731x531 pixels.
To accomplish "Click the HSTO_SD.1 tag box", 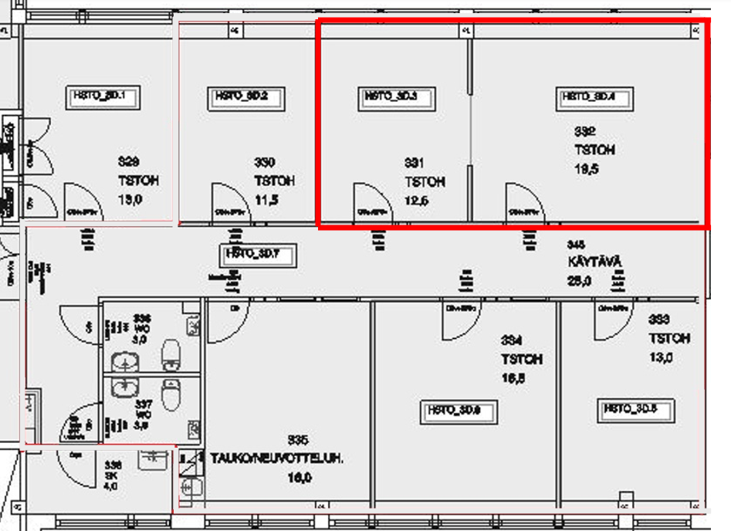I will click(x=105, y=96).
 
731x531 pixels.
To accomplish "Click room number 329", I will click(x=129, y=162).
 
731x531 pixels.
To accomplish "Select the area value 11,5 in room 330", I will click(x=266, y=200).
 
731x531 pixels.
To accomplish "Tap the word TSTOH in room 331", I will click(x=425, y=183).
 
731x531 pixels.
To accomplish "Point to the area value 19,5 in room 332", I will click(x=587, y=169).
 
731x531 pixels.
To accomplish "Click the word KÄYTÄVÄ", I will click(x=594, y=262).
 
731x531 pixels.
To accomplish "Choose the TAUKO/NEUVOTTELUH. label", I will click(x=277, y=458).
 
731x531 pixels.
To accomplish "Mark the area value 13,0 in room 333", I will click(x=661, y=357).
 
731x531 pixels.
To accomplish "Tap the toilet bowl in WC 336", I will click(x=171, y=355).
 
